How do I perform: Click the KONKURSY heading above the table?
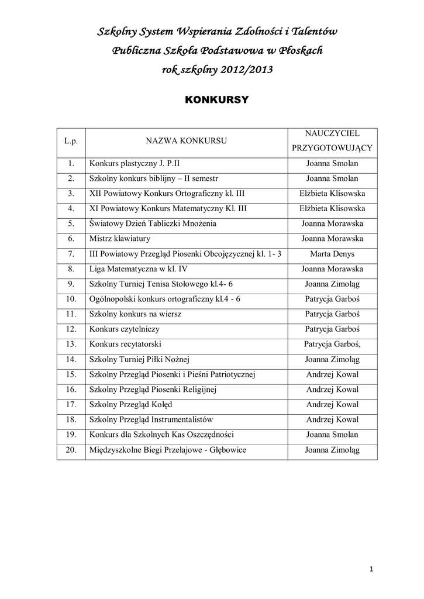point(216,100)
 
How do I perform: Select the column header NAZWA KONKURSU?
point(187,142)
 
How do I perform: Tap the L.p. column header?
point(71,142)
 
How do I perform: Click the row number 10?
point(71,299)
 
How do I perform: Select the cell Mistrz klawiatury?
point(120,239)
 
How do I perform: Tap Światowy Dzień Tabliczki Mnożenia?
point(153,223)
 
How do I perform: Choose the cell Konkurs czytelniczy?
point(125,329)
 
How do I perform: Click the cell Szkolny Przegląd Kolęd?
point(130,405)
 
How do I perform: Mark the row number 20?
point(71,450)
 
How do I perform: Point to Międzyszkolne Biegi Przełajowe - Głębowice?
point(167,450)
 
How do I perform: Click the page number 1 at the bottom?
point(371,569)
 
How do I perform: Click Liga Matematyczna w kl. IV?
point(138,269)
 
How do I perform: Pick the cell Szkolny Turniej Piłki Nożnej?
point(139,359)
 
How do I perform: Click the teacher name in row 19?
point(332,435)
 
